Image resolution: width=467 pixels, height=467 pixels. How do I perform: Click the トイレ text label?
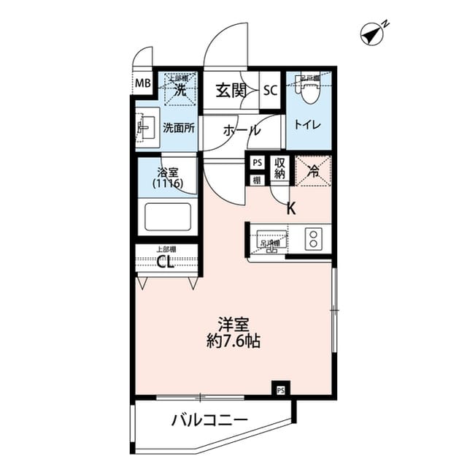[x=307, y=124]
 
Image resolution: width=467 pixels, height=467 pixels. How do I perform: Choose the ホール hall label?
[x=241, y=131]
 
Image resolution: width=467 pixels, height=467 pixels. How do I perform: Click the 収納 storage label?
[x=279, y=170]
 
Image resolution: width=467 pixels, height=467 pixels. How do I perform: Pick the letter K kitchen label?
[x=290, y=208]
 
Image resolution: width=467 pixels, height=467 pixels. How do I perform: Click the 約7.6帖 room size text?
[x=233, y=341]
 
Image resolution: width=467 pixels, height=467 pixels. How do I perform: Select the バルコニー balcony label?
[x=209, y=420]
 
